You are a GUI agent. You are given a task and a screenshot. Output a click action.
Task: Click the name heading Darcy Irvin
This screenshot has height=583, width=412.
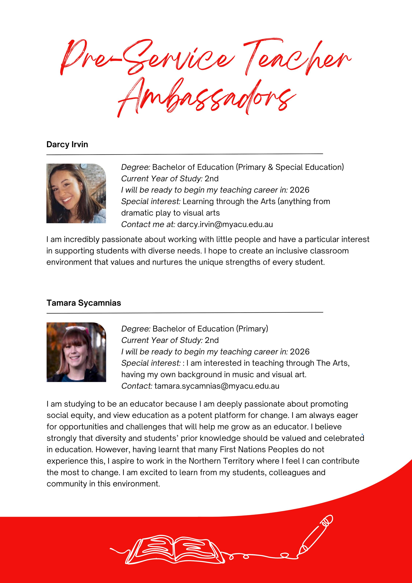click(67, 145)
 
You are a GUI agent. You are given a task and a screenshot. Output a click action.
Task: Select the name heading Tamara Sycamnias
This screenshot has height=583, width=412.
click(84, 303)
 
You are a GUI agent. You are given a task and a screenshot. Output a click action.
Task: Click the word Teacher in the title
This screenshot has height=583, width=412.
click(297, 57)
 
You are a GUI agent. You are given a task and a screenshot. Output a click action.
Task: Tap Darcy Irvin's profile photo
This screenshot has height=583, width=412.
click(76, 194)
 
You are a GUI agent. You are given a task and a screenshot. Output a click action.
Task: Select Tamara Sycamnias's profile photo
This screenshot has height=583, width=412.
click(76, 352)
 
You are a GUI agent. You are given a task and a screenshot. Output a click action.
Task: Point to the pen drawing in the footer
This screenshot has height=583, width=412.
click(316, 532)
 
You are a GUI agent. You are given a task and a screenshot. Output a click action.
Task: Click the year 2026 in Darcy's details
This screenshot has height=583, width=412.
click(300, 190)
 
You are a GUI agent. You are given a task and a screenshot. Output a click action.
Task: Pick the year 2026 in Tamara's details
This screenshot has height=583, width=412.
click(300, 352)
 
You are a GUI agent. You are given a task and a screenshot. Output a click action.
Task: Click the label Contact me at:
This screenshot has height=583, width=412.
click(148, 224)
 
